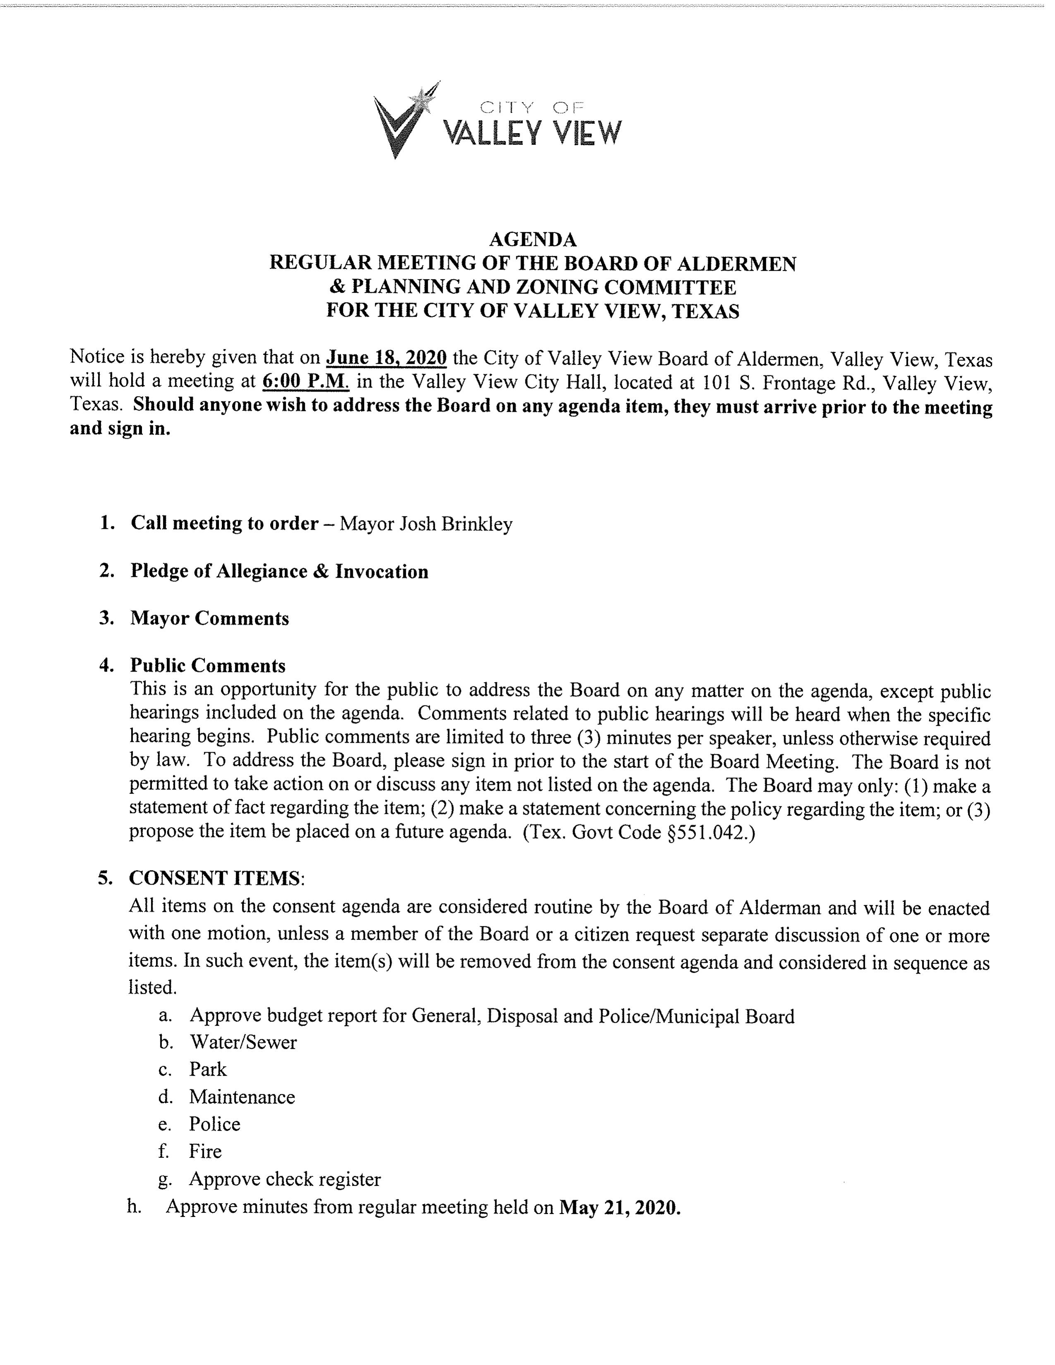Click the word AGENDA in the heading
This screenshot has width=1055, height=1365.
click(x=532, y=239)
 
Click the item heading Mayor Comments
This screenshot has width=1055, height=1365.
click(x=209, y=618)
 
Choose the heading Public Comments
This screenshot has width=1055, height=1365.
click(x=208, y=666)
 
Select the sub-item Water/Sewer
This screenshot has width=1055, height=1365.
click(x=242, y=1042)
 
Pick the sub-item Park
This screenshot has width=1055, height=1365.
click(x=208, y=1069)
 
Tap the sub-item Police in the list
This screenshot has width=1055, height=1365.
click(x=214, y=1124)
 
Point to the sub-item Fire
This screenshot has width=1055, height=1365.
click(x=205, y=1151)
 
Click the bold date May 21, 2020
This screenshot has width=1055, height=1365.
click(x=619, y=1207)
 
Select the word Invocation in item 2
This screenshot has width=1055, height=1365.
click(x=381, y=571)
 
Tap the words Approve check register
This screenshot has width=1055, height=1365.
click(x=285, y=1179)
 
